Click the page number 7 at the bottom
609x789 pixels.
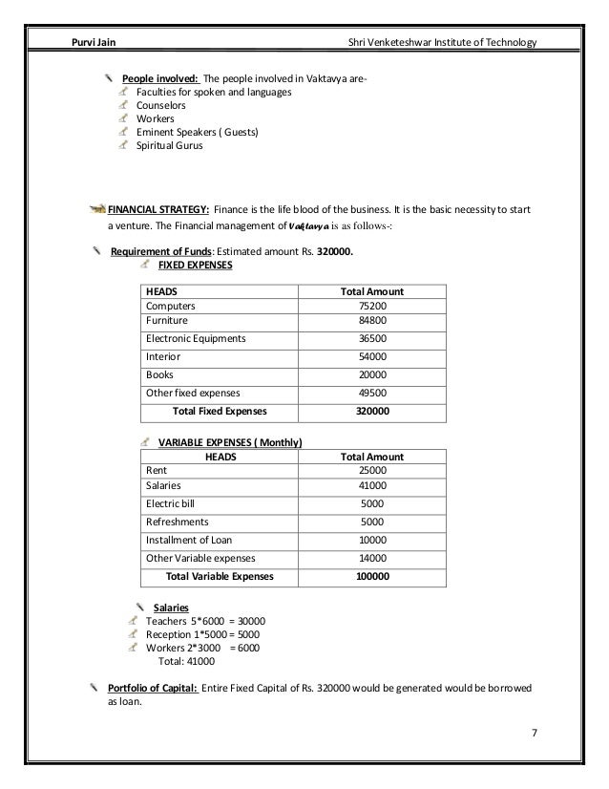[x=535, y=733]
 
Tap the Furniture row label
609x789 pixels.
[x=166, y=321]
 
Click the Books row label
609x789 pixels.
[x=158, y=374]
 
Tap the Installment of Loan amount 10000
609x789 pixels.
[x=372, y=541]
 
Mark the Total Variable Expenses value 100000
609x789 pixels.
[x=372, y=577]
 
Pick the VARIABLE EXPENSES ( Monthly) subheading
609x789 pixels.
[x=229, y=443]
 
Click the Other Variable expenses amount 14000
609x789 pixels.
[x=372, y=559]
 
